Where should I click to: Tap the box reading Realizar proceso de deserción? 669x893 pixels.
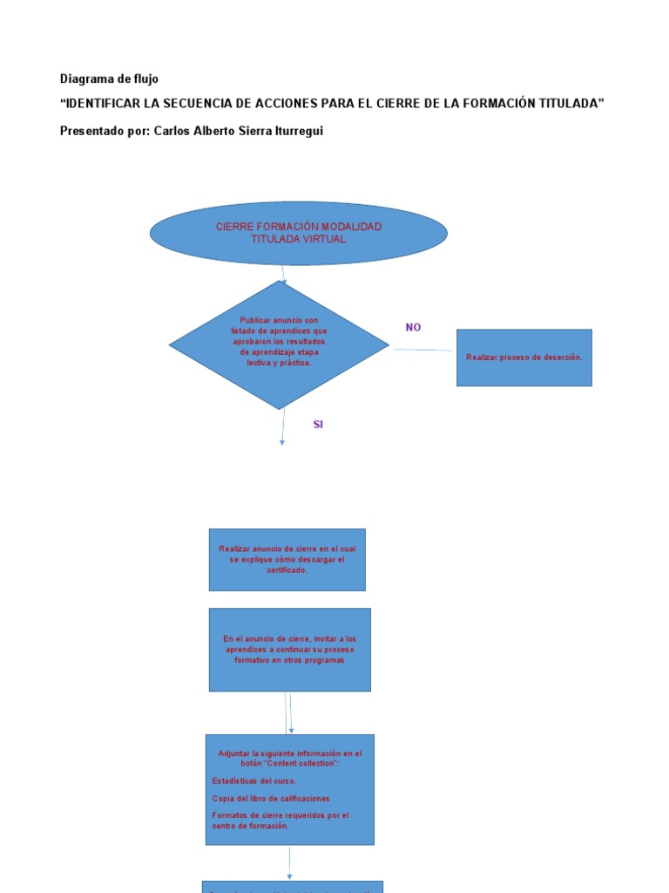tap(524, 358)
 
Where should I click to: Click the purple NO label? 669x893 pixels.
tap(413, 327)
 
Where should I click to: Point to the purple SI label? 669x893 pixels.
tap(318, 425)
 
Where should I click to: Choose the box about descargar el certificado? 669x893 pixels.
tap(287, 559)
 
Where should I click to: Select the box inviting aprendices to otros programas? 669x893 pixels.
tap(289, 650)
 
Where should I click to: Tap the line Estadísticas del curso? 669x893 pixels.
tap(253, 781)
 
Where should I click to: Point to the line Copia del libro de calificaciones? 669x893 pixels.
tap(271, 798)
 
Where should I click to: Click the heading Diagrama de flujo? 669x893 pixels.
tap(109, 78)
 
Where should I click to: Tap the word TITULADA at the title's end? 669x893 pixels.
tap(566, 104)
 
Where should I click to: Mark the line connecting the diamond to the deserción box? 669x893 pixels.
tap(422, 350)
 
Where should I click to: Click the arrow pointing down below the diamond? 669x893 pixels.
tap(282, 427)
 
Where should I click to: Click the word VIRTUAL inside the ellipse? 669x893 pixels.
tap(323, 239)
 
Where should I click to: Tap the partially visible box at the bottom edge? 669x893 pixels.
tap(293, 886)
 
